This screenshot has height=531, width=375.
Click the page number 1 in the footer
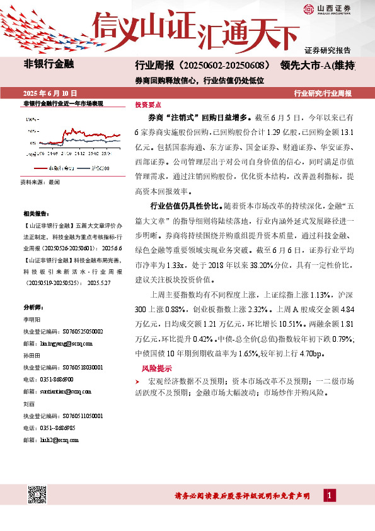click(328, 496)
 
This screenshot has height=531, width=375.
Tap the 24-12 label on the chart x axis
click(80, 152)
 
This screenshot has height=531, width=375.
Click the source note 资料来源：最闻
click(40, 182)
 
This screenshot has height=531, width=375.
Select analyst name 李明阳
click(31, 320)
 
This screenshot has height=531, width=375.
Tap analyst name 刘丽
click(28, 404)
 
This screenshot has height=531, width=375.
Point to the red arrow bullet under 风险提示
click(137, 382)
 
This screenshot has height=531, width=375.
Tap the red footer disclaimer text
click(242, 497)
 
